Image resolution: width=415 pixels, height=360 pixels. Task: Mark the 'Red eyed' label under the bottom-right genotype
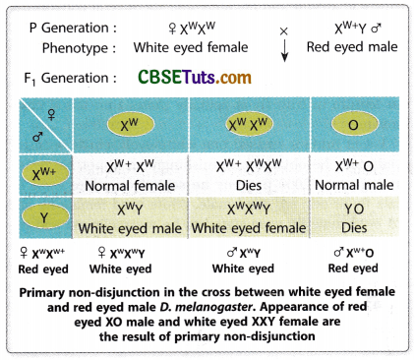352,268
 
